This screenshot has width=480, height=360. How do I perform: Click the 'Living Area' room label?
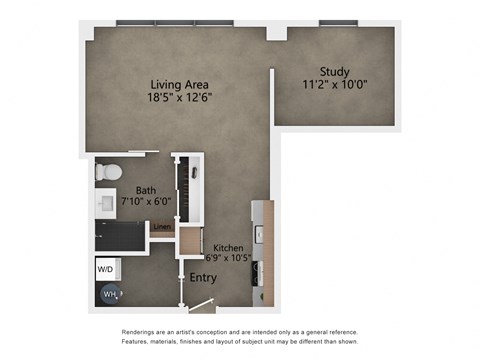tap(181, 85)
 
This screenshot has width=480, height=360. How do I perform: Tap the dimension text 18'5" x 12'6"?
tap(181, 98)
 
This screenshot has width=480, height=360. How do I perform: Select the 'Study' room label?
tap(334, 71)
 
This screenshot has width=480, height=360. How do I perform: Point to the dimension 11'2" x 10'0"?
tap(334, 84)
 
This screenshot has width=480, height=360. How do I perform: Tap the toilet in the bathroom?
tap(108, 172)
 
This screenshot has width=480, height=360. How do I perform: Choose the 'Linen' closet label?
tap(160, 227)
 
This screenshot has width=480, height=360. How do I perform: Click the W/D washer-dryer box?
tap(105, 269)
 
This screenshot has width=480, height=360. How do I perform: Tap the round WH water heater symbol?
tap(108, 294)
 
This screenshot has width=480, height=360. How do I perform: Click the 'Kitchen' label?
tap(229, 246)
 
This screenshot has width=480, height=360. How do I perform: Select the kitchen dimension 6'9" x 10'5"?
tap(229, 258)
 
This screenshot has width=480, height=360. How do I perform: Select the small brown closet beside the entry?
tap(188, 243)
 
